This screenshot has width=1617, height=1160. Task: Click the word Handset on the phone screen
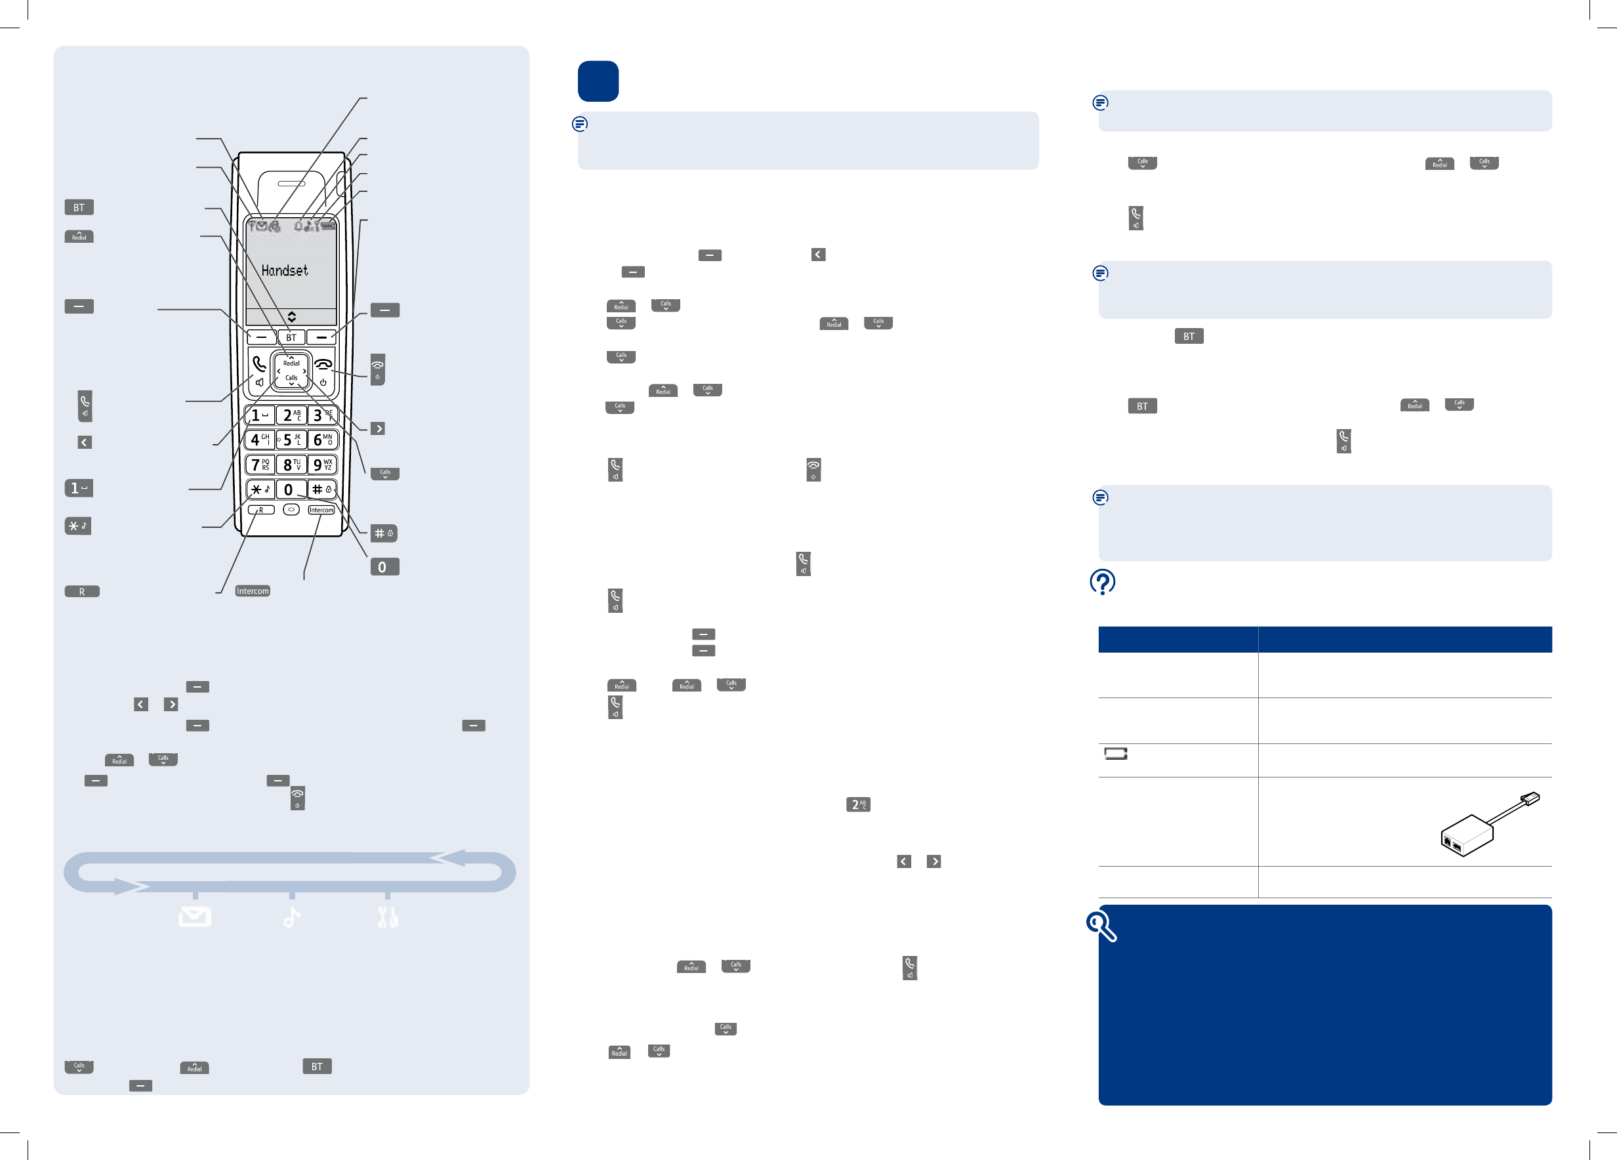point(285,270)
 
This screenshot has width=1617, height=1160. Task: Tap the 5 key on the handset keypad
point(291,440)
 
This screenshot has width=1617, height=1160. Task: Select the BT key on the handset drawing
point(291,337)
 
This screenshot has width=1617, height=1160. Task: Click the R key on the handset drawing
point(261,510)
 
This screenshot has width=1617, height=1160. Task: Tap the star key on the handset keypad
point(260,489)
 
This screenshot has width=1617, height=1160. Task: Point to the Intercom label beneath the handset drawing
point(253,591)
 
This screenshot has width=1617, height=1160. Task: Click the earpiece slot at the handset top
point(291,184)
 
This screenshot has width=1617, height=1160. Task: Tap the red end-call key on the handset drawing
point(323,371)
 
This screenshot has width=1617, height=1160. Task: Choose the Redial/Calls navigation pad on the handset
point(291,370)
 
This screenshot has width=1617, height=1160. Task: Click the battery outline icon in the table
point(1116,754)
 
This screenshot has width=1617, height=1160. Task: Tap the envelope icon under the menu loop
point(195,916)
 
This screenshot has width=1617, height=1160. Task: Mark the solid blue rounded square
point(598,81)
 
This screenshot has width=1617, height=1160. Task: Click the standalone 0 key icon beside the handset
point(384,567)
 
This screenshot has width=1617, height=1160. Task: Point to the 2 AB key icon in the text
point(857,805)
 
